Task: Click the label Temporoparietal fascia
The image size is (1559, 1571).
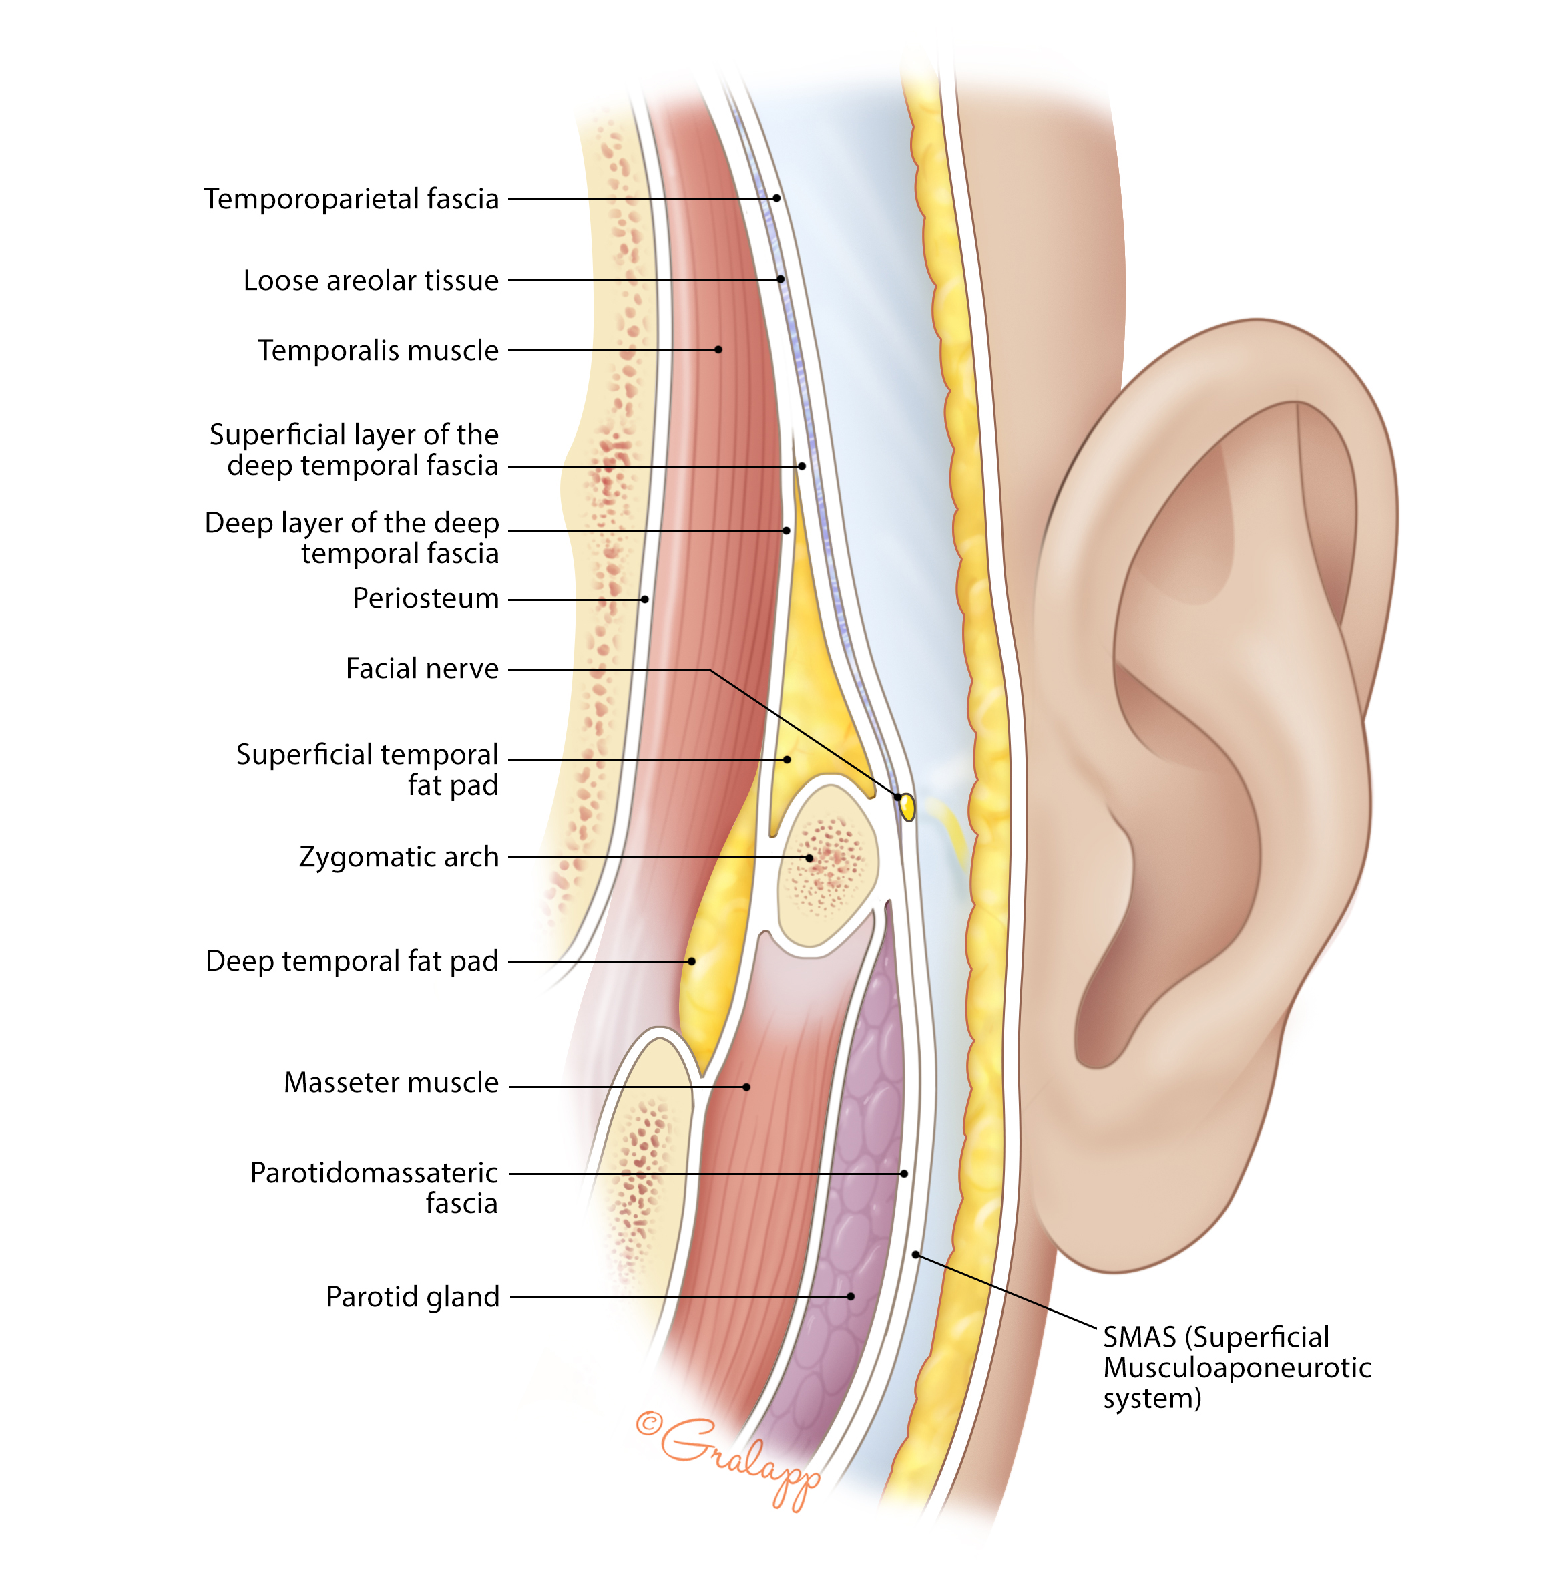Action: coord(351,198)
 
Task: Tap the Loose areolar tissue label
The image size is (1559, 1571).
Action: coord(371,280)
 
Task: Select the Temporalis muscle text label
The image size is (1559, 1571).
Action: coord(378,351)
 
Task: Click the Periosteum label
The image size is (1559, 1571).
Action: coord(425,598)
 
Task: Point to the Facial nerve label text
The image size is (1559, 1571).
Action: coord(422,669)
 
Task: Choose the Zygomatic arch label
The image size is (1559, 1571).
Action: coord(399,857)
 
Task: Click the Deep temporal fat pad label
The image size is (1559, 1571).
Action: coord(351,961)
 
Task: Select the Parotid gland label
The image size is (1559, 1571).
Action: coord(412,1297)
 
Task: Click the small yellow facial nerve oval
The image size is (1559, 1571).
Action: coord(908,807)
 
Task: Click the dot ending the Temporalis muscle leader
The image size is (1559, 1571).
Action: coord(718,349)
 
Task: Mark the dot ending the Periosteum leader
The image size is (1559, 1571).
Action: coord(644,599)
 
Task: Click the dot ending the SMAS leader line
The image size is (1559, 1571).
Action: coord(915,1254)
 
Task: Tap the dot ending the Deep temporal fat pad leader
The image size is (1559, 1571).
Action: coord(692,961)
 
